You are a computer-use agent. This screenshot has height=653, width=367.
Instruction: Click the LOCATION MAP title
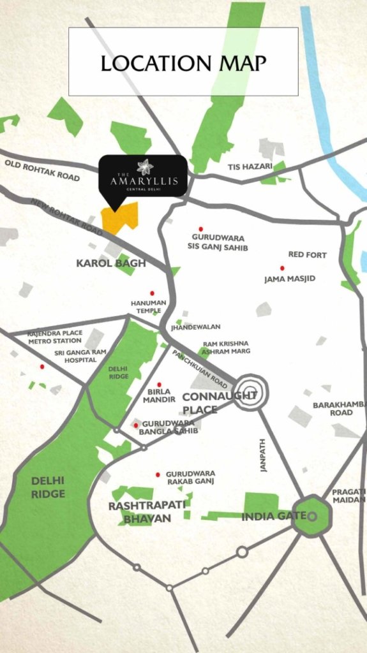click(183, 62)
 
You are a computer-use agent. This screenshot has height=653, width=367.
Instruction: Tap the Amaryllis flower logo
click(145, 166)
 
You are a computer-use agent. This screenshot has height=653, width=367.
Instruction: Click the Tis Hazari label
click(250, 166)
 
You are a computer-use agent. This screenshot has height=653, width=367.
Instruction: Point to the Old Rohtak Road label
click(41, 170)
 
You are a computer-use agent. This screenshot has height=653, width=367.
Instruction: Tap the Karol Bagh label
click(111, 263)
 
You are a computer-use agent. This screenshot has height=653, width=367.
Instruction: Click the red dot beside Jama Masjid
click(281, 268)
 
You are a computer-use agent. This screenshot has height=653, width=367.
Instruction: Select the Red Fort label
click(307, 254)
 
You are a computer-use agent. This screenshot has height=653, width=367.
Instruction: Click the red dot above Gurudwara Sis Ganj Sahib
click(200, 228)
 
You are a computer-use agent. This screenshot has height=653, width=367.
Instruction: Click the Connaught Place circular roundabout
click(250, 392)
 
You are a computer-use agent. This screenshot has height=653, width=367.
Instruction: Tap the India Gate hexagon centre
click(312, 515)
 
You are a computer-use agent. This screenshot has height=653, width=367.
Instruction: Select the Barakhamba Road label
click(333, 408)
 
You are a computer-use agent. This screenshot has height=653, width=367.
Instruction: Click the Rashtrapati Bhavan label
click(140, 511)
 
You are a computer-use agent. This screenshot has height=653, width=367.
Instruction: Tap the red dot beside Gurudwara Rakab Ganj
click(158, 475)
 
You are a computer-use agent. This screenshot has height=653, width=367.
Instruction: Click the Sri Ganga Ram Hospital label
click(75, 356)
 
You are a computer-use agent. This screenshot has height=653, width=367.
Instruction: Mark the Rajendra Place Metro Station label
click(55, 337)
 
